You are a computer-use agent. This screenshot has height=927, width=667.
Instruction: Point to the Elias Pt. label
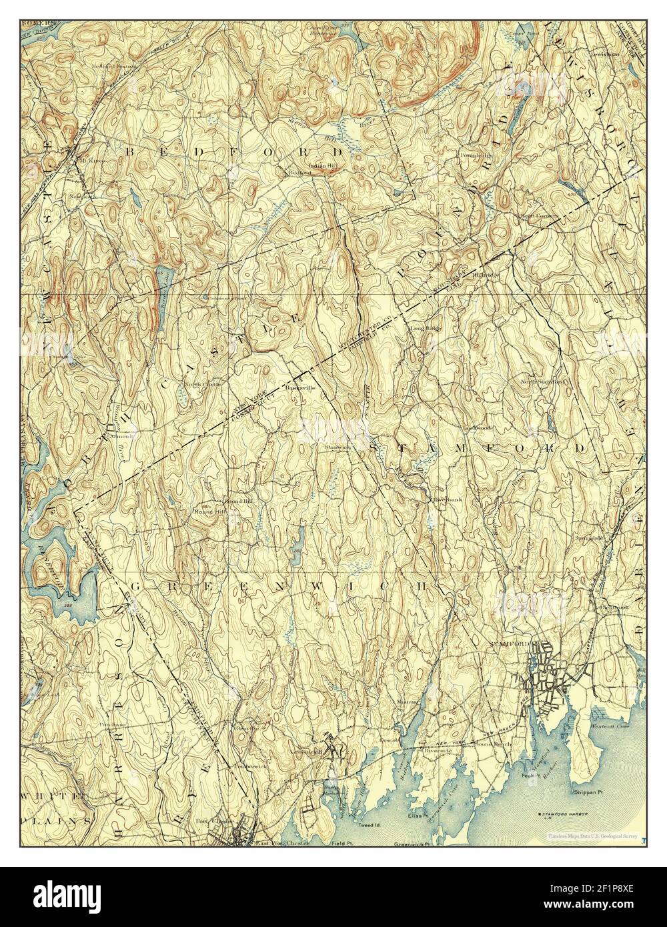click(x=418, y=815)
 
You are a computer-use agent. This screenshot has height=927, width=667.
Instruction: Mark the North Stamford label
click(x=544, y=382)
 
